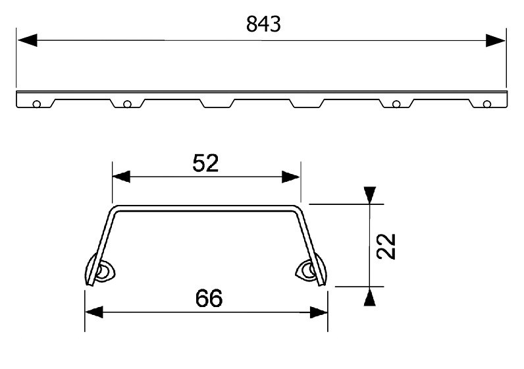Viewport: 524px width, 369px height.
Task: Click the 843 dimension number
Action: pos(263,24)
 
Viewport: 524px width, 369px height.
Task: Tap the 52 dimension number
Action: pos(205,163)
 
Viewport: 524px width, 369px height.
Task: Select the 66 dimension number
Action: pos(209,298)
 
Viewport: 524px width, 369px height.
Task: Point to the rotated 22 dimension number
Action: pos(386,246)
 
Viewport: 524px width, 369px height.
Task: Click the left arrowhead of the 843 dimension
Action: pos(28,40)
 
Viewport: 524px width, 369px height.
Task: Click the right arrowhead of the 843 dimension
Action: pos(495,40)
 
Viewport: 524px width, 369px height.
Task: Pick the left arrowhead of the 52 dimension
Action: pos(121,177)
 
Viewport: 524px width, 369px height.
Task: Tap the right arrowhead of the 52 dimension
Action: pos(291,177)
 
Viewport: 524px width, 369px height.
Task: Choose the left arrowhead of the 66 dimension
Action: pos(94,312)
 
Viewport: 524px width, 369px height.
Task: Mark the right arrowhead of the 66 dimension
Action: pos(319,312)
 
